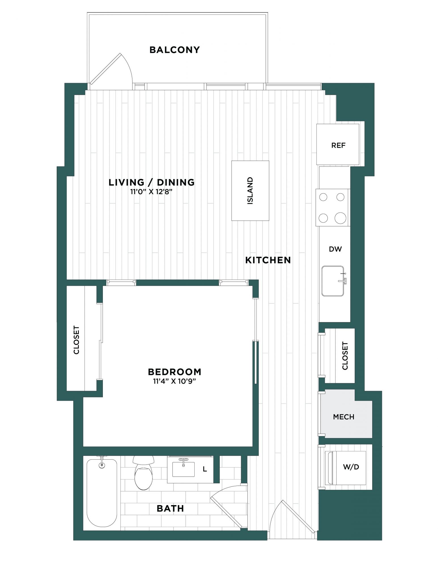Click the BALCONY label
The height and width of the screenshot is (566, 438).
pyautogui.click(x=175, y=50)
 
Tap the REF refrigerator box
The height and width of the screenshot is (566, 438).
pyautogui.click(x=338, y=144)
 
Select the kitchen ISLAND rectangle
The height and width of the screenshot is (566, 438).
pyautogui.click(x=250, y=190)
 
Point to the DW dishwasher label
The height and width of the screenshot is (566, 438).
pyautogui.click(x=335, y=249)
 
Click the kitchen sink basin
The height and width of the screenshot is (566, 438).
pyautogui.click(x=333, y=281)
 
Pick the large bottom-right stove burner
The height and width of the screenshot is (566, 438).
pyautogui.click(x=340, y=218)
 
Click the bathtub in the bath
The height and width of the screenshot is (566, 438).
pyautogui.click(x=102, y=493)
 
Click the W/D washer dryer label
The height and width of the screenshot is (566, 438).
pyautogui.click(x=351, y=467)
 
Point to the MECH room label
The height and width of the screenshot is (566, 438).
pyautogui.click(x=343, y=417)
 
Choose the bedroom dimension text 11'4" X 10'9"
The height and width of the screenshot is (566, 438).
pyautogui.click(x=175, y=381)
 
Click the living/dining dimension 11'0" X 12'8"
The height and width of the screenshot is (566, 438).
pyautogui.click(x=151, y=192)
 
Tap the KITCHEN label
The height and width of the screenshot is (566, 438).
pyautogui.click(x=268, y=260)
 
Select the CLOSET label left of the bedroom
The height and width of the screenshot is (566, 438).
pyautogui.click(x=76, y=340)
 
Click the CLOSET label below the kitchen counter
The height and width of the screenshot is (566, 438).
pyautogui.click(x=345, y=356)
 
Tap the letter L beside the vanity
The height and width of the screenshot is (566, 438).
pyautogui.click(x=205, y=469)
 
